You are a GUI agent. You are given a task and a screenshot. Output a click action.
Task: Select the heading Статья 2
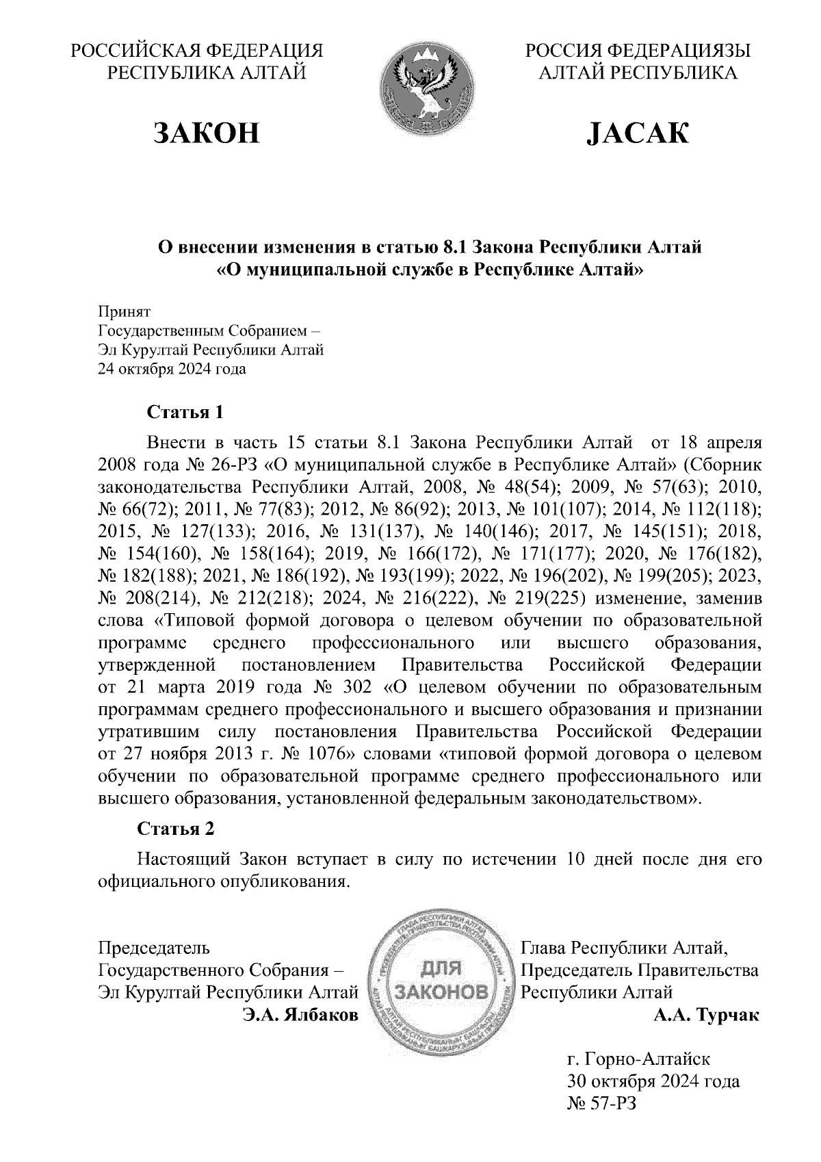click(x=177, y=829)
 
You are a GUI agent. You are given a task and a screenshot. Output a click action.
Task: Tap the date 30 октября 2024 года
click(x=653, y=1082)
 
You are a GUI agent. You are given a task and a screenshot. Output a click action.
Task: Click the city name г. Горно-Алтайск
click(x=638, y=1060)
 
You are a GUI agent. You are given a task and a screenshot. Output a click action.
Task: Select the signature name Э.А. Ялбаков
click(x=300, y=1015)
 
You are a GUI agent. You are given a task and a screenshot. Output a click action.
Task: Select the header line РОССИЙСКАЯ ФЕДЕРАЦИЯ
click(x=198, y=51)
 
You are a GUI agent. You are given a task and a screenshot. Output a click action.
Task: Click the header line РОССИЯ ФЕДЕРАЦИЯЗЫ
click(x=637, y=51)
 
